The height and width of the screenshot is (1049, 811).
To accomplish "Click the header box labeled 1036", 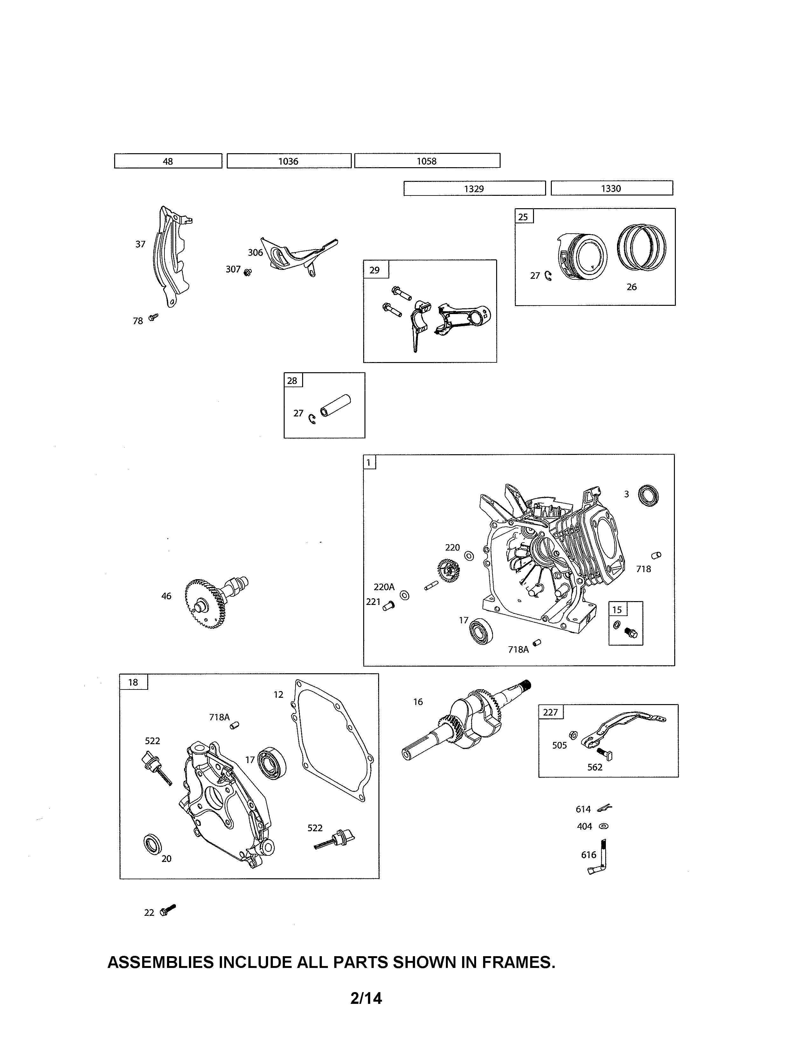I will [x=289, y=161].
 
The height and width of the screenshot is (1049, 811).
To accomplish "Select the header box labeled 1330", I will [x=611, y=188].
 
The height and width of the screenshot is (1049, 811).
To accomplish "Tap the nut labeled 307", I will [x=247, y=273].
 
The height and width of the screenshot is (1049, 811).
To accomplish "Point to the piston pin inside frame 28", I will [x=335, y=406].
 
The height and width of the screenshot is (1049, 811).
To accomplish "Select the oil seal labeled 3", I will [x=648, y=496].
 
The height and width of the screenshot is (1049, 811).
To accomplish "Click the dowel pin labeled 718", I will [x=656, y=555].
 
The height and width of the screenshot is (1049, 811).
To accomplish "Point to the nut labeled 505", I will [x=573, y=735].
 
